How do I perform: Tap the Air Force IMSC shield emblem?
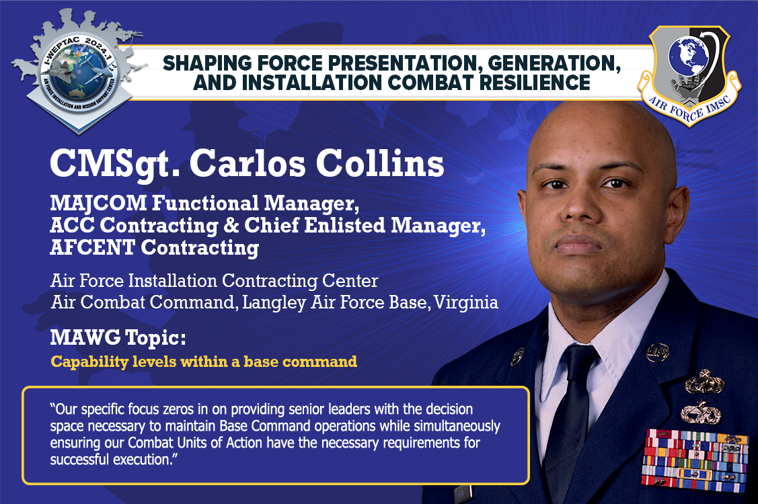tap(689, 75)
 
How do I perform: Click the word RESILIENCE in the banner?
tap(535, 83)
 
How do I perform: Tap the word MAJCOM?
tap(98, 203)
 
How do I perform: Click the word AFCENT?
tap(92, 247)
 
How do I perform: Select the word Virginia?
tap(466, 302)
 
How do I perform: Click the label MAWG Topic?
tap(118, 337)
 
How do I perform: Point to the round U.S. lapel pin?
tap(658, 352)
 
